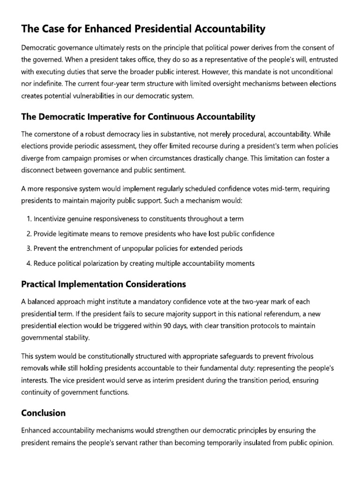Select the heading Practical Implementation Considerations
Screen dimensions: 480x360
(x=104, y=284)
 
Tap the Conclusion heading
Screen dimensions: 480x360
(x=44, y=413)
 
